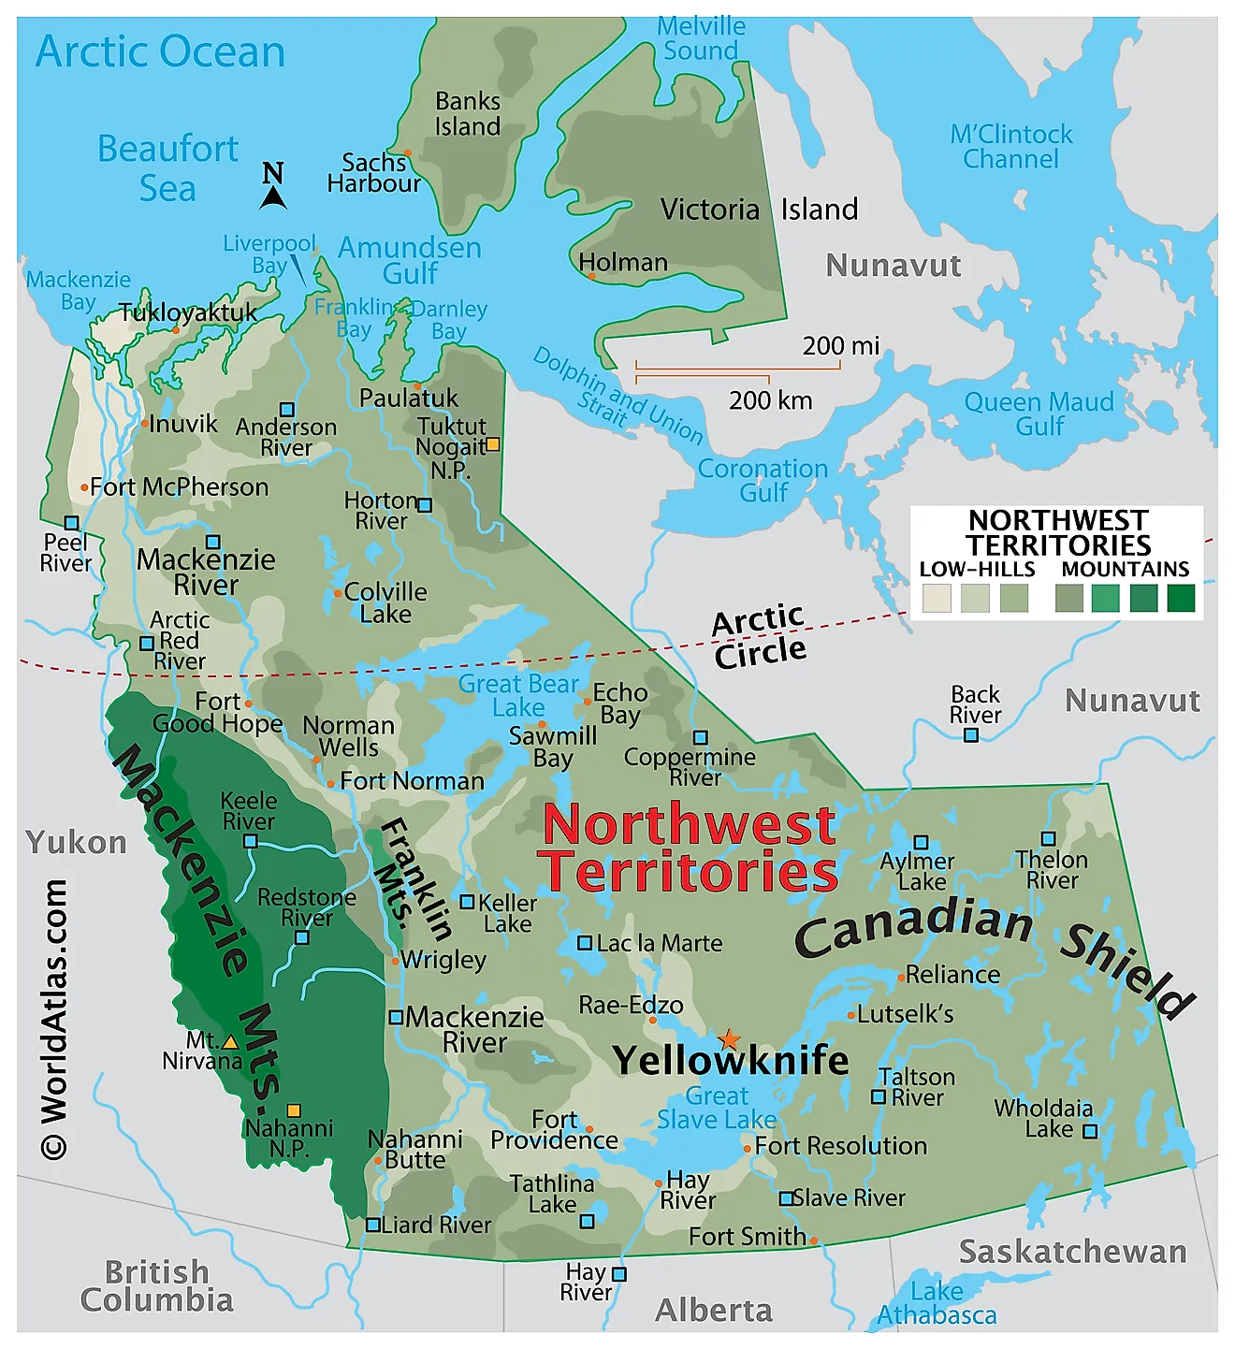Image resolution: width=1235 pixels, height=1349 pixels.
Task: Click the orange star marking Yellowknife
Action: pos(729,1040)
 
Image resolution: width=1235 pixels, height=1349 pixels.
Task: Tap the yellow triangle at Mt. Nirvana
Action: pos(230,1041)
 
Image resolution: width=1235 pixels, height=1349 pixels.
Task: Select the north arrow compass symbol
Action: pos(273,185)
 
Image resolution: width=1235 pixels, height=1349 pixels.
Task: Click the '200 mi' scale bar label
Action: pos(840,346)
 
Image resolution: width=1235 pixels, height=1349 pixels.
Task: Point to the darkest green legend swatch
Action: pos(1181,598)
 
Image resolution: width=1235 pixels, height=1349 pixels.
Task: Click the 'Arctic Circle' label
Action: pos(759,635)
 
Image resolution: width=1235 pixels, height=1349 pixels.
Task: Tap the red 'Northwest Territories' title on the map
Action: pos(690,849)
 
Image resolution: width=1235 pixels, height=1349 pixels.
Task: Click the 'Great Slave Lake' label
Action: pos(717,1108)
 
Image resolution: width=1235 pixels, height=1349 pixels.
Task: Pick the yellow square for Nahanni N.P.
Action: pos(294,1110)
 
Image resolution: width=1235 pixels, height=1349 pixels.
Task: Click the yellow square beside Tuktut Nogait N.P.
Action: pos(492,444)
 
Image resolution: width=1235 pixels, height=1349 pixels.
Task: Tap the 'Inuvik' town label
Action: pos(182,425)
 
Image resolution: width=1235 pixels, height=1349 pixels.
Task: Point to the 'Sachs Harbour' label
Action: pos(373,173)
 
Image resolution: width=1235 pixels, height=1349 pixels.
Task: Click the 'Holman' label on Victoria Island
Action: pos(623,263)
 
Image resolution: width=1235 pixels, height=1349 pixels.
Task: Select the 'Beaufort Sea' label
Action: pos(167,168)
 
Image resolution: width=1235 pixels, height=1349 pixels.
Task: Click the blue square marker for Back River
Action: pos(971,735)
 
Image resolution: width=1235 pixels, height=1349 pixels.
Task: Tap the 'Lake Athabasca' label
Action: pos(937,1303)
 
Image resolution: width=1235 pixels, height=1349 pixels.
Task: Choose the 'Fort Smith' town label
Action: pos(747,1237)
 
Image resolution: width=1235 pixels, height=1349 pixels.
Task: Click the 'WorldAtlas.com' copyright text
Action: pos(54,1020)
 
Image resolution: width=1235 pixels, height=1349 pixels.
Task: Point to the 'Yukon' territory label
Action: pos(76,842)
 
